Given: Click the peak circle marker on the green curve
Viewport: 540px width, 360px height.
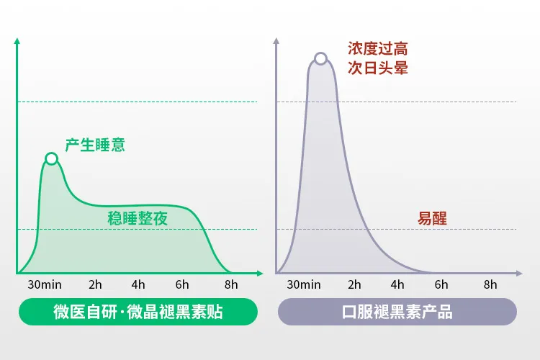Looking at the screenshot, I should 51,158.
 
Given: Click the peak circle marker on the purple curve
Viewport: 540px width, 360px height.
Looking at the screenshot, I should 320,58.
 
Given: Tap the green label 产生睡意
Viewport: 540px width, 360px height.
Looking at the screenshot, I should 95,145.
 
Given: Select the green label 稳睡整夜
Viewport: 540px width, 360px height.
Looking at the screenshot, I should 138,218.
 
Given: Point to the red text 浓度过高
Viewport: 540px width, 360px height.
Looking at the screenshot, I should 378,49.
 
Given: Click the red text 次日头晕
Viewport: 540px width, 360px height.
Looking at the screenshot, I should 378,69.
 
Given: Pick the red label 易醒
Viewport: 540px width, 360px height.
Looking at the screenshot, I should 432,218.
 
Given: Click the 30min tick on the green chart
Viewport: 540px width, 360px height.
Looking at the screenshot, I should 45,284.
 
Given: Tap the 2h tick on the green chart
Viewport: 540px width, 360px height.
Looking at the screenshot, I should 95,284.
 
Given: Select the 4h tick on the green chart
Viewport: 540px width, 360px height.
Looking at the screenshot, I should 138,284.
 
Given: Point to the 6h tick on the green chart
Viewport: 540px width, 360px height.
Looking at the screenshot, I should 182,284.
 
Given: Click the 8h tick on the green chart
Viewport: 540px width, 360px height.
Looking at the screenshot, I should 231,284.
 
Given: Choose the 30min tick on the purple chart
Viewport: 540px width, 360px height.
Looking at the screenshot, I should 304,284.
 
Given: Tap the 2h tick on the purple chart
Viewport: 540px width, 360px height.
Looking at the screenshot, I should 354,284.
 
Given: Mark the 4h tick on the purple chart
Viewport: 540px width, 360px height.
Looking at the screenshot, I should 397,284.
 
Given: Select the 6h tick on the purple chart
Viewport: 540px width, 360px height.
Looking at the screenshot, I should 441,284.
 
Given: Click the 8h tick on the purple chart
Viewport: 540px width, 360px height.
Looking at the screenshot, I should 490,284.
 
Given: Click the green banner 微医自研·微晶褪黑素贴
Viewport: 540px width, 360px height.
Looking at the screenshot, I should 138,312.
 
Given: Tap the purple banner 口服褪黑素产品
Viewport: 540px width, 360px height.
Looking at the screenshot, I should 397,312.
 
